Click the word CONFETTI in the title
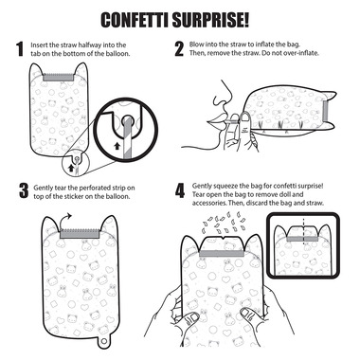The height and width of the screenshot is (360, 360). pyautogui.click(x=135, y=20)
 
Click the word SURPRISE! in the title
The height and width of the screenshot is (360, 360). pyautogui.click(x=211, y=20)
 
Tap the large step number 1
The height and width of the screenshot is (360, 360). pyautogui.click(x=21, y=49)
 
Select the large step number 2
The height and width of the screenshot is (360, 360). pyautogui.click(x=179, y=49)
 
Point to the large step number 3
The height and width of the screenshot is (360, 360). pyautogui.click(x=24, y=190)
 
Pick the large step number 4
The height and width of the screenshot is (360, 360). pyautogui.click(x=180, y=190)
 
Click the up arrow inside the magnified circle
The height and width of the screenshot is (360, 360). pyautogui.click(x=117, y=146)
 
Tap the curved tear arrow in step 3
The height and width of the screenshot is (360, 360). pyautogui.click(x=65, y=220)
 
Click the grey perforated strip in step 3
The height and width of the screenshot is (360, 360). pyautogui.click(x=80, y=233)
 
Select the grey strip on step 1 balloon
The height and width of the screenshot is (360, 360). pyautogui.click(x=59, y=78)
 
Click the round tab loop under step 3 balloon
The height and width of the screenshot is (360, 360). pyautogui.click(x=102, y=342)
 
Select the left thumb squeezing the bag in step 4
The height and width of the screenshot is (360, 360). pyautogui.click(x=191, y=319)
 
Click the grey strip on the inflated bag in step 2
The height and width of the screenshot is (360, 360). pyautogui.click(x=326, y=112)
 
